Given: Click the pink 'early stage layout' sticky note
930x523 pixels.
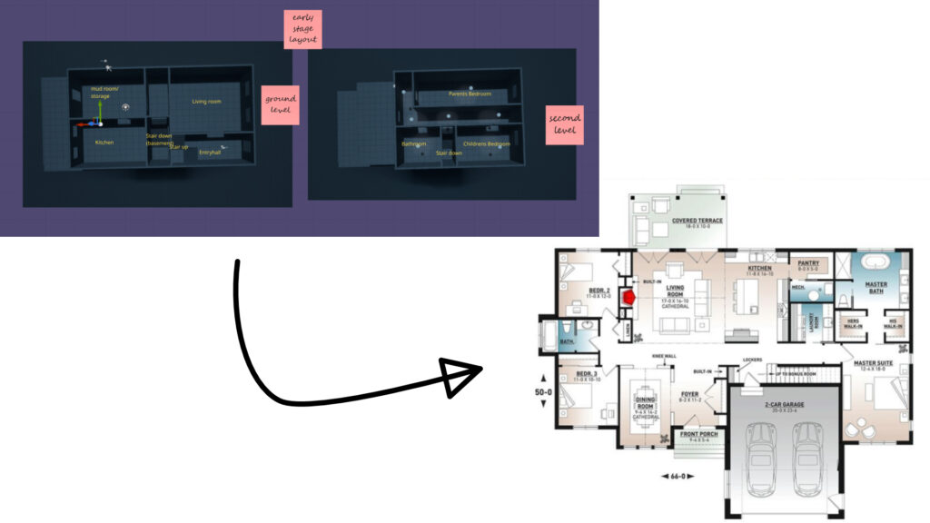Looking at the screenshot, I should click(x=302, y=29).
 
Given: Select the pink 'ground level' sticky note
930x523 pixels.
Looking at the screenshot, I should click(x=280, y=105).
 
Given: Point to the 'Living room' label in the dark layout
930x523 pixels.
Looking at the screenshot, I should click(x=206, y=102).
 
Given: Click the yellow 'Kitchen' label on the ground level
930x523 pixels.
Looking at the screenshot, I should click(x=104, y=143).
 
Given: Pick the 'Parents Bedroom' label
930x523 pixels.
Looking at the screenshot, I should click(x=470, y=94).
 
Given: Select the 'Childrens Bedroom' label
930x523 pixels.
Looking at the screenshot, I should click(x=487, y=144).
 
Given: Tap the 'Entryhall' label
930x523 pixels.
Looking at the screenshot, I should click(x=210, y=152).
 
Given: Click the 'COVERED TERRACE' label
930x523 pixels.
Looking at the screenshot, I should click(x=697, y=221).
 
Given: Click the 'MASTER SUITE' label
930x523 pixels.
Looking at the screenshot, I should click(x=875, y=364).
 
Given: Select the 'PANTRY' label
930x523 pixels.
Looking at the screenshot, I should click(x=808, y=262).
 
